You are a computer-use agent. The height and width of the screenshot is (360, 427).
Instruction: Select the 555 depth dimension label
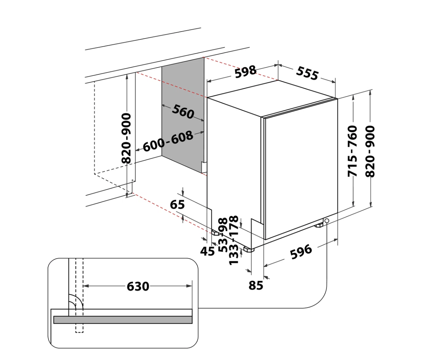pos(307,73)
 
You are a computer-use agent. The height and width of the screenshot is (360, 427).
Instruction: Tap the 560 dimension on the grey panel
pos(183,111)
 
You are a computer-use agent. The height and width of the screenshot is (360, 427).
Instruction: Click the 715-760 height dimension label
pos(353,151)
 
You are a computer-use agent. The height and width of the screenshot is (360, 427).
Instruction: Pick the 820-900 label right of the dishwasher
pos(370,151)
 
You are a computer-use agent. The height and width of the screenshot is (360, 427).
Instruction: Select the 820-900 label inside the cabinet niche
pos(126,138)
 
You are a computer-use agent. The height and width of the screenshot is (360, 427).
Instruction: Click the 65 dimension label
pos(177,204)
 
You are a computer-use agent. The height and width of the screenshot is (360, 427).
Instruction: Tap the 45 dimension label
pos(207,251)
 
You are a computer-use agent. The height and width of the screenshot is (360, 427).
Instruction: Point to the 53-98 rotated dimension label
pos(223,235)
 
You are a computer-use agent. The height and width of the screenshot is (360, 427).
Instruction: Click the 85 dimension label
pos(256,285)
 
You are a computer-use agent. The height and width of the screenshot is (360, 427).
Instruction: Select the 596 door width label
pos(301,252)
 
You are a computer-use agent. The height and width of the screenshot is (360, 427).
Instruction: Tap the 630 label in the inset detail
pos(138,286)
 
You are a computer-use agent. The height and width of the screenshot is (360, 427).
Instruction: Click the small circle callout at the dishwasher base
pos(327,221)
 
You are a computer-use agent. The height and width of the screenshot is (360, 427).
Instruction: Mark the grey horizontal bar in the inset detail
pos(123,320)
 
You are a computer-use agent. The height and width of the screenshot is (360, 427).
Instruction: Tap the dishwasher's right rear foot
pos(319,225)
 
